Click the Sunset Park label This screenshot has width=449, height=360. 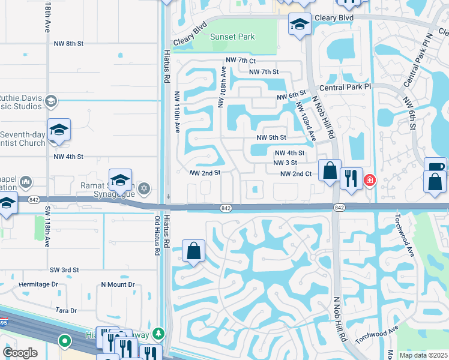[233, 37]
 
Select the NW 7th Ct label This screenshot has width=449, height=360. [241, 61]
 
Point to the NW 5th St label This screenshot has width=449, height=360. [271, 137]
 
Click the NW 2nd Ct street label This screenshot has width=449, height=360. [295, 174]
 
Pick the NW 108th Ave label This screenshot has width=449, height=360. [222, 86]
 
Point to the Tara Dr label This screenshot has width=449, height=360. [66, 310]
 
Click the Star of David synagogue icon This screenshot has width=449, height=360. [143, 190]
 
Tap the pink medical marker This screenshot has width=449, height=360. [370, 180]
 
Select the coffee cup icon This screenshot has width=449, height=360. [435, 166]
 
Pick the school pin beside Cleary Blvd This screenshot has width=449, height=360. [300, 25]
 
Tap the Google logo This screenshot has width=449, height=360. [20, 353]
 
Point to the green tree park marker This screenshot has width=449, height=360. [158, 332]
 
